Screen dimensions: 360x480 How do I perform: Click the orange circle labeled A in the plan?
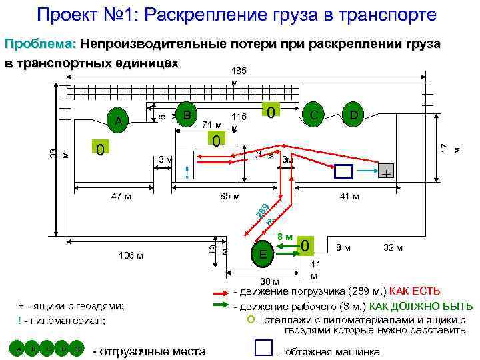coord(118,121)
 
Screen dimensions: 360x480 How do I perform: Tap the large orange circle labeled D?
coord(353,116)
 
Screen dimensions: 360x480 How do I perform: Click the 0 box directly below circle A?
coord(99,147)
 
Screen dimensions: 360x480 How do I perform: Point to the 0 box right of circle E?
coord(305,245)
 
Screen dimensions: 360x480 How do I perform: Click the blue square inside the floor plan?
coord(344,171)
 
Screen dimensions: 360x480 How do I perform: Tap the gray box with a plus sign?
coord(386,172)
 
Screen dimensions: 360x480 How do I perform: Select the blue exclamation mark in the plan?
coord(187,171)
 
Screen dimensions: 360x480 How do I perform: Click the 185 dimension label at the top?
coord(239,70)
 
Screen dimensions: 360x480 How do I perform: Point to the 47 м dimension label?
coord(121,197)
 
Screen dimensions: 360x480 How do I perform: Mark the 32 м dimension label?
coord(393,248)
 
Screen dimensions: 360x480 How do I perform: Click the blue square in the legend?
coord(265,348)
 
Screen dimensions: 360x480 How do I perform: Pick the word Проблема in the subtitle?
coord(40,44)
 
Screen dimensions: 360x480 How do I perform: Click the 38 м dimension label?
coord(270,281)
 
